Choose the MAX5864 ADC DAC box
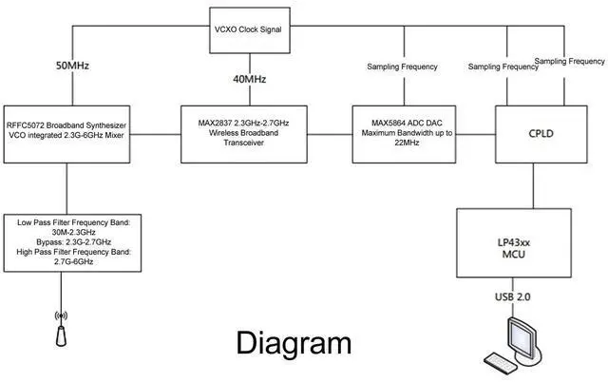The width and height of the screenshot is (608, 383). click(403, 128)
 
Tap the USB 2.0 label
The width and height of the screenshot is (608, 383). click(514, 297)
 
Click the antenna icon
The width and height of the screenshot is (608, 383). click(62, 328)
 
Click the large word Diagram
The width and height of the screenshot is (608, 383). click(293, 343)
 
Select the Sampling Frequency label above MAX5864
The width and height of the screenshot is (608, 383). click(402, 67)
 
